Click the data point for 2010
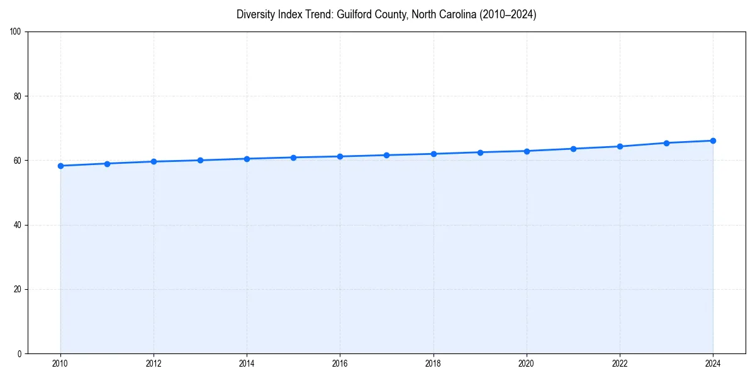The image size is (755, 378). (60, 166)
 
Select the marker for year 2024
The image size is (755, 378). (713, 140)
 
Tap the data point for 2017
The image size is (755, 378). (386, 155)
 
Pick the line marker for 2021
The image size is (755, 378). (573, 149)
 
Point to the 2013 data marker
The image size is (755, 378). (200, 160)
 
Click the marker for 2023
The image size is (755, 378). (666, 143)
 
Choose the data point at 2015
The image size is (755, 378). (293, 157)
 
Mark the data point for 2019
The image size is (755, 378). (480, 152)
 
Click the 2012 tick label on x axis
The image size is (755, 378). (154, 364)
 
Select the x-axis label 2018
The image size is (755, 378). (433, 364)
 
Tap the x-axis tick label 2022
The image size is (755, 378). (620, 364)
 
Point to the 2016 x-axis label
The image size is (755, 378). (340, 364)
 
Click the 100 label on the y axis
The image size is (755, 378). (16, 31)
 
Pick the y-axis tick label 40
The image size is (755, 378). (18, 225)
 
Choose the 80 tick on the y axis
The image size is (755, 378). (18, 96)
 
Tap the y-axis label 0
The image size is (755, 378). (20, 353)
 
